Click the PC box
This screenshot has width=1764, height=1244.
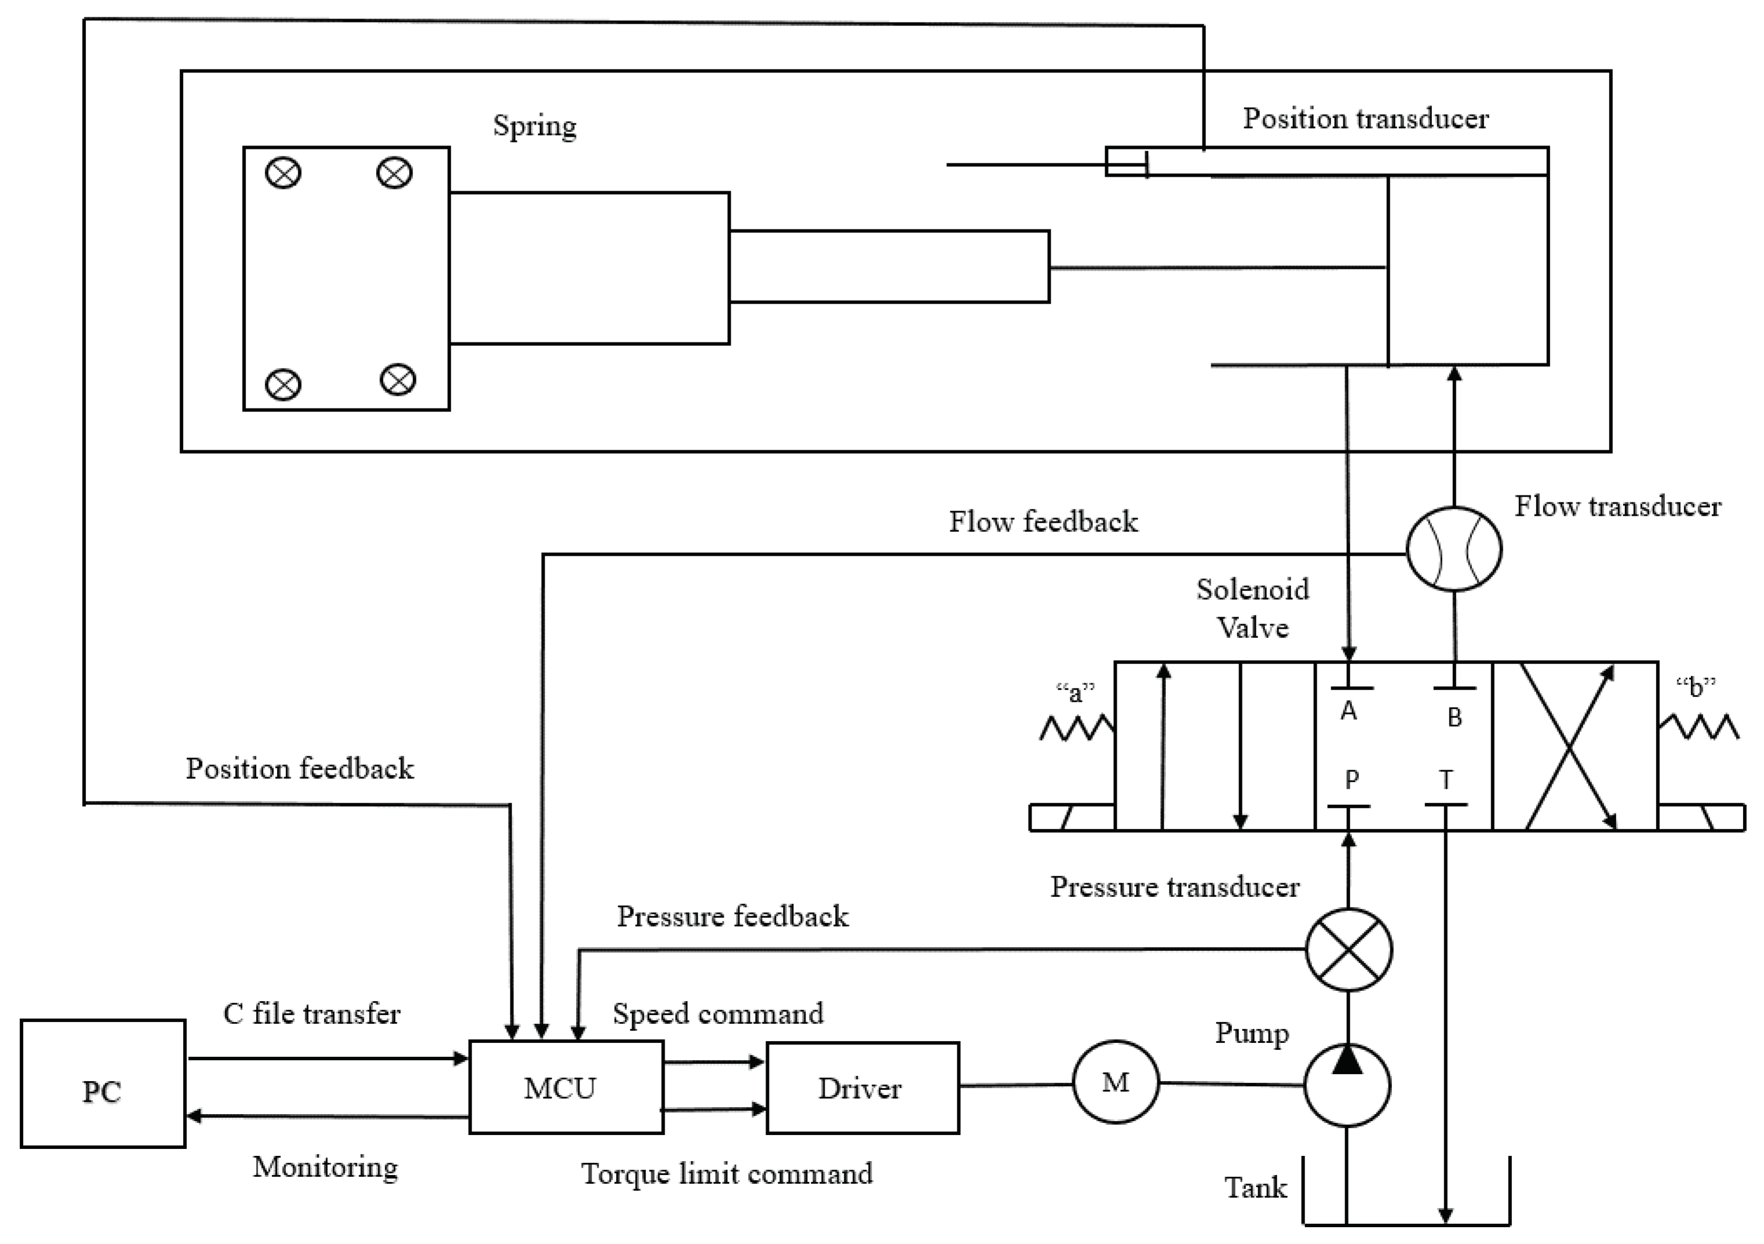[x=103, y=1084]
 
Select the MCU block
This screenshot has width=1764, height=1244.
[x=566, y=1087]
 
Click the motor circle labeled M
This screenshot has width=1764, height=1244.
[x=1115, y=1083]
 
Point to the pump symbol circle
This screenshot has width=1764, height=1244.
[x=1347, y=1085]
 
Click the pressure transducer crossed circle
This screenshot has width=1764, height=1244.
[x=1348, y=950]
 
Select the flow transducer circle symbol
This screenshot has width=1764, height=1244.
[x=1453, y=549]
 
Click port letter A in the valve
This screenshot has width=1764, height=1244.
[x=1348, y=712]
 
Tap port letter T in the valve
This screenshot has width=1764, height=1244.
[x=1445, y=780]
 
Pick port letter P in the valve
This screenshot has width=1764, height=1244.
[x=1351, y=780]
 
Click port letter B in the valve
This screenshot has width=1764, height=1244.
[x=1453, y=717]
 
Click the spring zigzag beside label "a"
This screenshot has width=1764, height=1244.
[x=1076, y=727]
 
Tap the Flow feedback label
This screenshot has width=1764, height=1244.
[x=1043, y=521]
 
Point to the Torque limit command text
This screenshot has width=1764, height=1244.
[x=726, y=1173]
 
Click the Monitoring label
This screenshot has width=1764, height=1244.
[x=325, y=1166]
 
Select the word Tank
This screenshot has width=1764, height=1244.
[x=1255, y=1187]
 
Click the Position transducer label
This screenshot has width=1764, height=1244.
[x=1365, y=118]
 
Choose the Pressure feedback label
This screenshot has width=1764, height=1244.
[x=732, y=916]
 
